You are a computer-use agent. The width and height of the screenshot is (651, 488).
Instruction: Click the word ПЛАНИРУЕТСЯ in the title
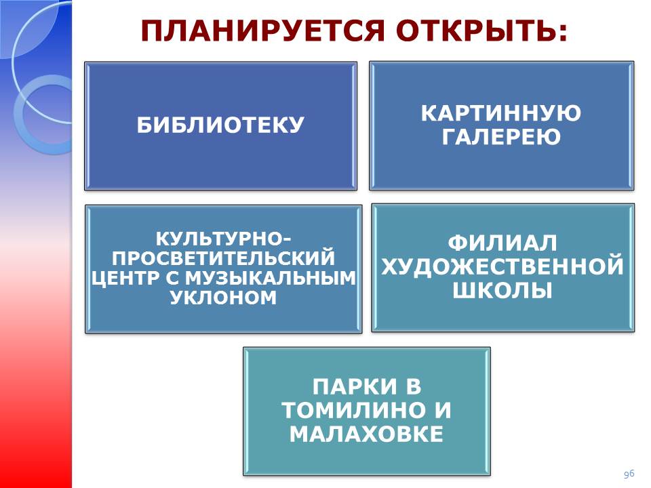pyautogui.click(x=262, y=30)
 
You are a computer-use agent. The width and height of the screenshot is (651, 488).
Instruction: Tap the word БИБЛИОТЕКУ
pyautogui.click(x=220, y=125)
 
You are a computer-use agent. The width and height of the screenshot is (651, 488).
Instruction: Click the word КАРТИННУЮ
pyautogui.click(x=501, y=113)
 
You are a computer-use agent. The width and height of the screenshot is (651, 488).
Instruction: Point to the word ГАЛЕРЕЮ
pyautogui.click(x=501, y=136)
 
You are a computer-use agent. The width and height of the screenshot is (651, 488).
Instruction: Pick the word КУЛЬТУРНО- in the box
pyautogui.click(x=223, y=239)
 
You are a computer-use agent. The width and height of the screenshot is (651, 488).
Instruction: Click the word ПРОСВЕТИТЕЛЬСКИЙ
pyautogui.click(x=223, y=258)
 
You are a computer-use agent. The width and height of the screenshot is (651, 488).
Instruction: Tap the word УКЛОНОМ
pyautogui.click(x=223, y=297)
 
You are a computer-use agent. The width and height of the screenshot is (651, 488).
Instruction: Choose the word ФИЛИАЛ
pyautogui.click(x=502, y=243)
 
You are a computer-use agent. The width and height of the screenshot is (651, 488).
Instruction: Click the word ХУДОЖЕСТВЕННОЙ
pyautogui.click(x=502, y=266)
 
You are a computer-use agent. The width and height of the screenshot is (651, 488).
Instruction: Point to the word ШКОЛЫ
pyautogui.click(x=502, y=290)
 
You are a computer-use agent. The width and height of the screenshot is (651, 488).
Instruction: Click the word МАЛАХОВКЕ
pyautogui.click(x=367, y=434)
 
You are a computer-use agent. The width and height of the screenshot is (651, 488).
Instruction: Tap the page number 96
pyautogui.click(x=629, y=474)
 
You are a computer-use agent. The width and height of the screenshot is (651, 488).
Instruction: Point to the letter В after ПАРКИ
pyautogui.click(x=414, y=386)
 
